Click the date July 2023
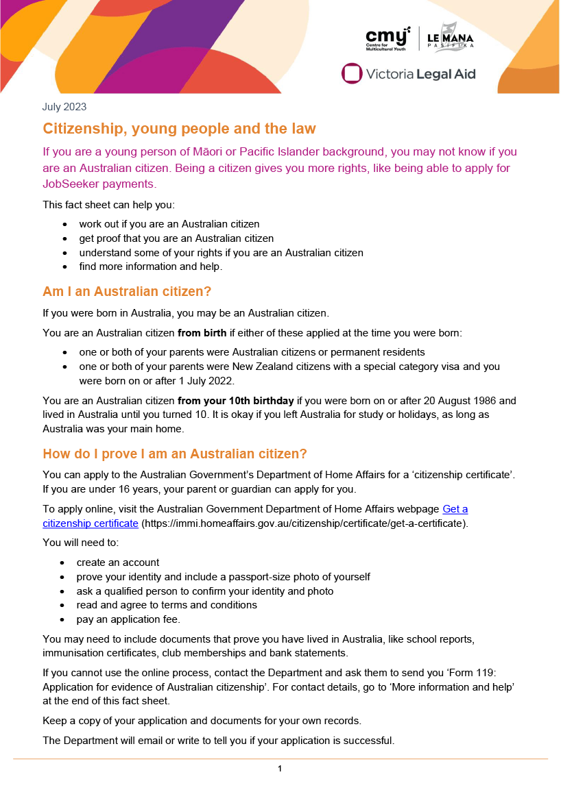click(x=64, y=107)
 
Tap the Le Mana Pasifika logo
click(x=450, y=38)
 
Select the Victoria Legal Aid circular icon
click(x=352, y=73)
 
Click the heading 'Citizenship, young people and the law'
click(x=179, y=129)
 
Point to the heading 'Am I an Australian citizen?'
click(x=127, y=291)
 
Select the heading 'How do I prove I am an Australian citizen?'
click(x=174, y=454)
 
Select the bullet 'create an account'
click(x=117, y=562)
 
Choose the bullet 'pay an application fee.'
click(x=128, y=619)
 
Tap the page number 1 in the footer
click(x=280, y=769)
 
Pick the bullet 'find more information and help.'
click(x=150, y=267)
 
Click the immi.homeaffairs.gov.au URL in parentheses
click(x=304, y=523)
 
